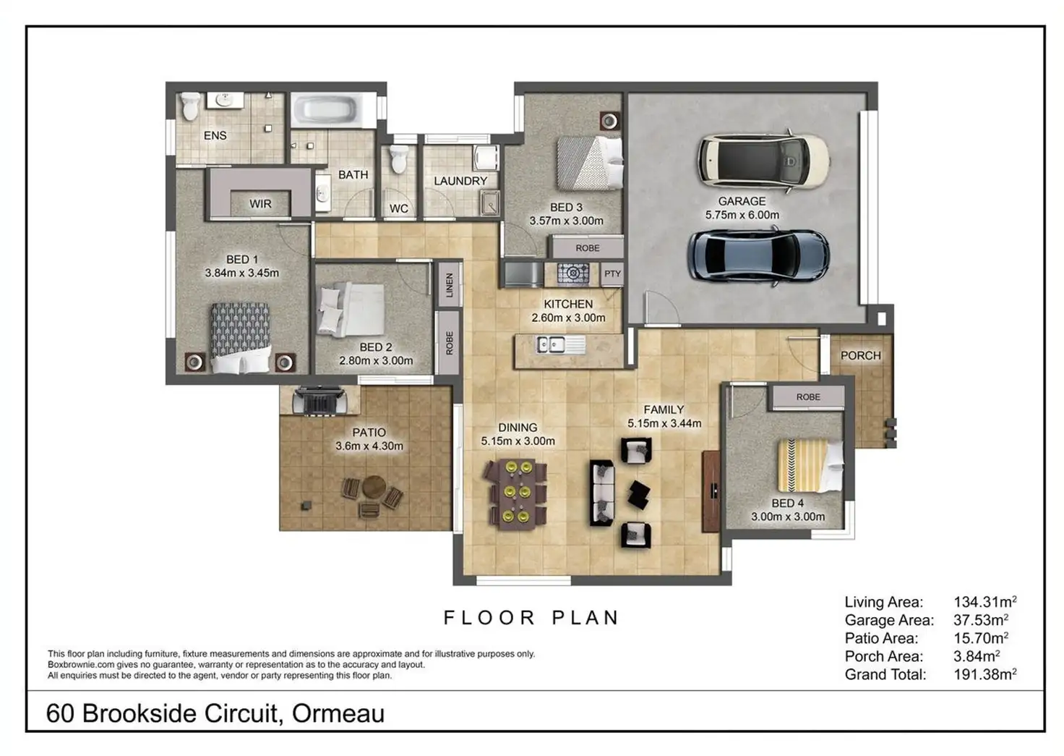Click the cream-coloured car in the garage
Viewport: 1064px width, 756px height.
click(763, 161)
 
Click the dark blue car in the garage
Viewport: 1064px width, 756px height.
click(758, 255)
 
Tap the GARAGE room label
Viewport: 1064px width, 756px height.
click(742, 201)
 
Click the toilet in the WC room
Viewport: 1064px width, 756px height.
click(398, 159)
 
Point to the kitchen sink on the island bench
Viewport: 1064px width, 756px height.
click(551, 344)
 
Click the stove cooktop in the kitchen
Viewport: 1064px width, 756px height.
click(573, 273)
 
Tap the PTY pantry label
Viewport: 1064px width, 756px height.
click(612, 273)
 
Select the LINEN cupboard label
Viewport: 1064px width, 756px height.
click(450, 285)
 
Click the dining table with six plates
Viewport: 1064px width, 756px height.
click(516, 493)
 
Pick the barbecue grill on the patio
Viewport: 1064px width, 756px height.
click(319, 401)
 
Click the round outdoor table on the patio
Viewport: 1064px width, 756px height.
click(374, 487)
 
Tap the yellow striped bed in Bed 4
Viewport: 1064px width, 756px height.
click(810, 465)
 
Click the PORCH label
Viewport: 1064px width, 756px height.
click(860, 355)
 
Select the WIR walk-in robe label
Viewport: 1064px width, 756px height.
click(260, 203)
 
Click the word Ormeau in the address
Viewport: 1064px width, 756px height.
click(338, 713)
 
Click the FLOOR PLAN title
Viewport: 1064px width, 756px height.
click(531, 618)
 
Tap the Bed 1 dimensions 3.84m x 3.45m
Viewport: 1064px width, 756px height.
click(241, 273)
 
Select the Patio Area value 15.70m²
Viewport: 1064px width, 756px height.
click(980, 637)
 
